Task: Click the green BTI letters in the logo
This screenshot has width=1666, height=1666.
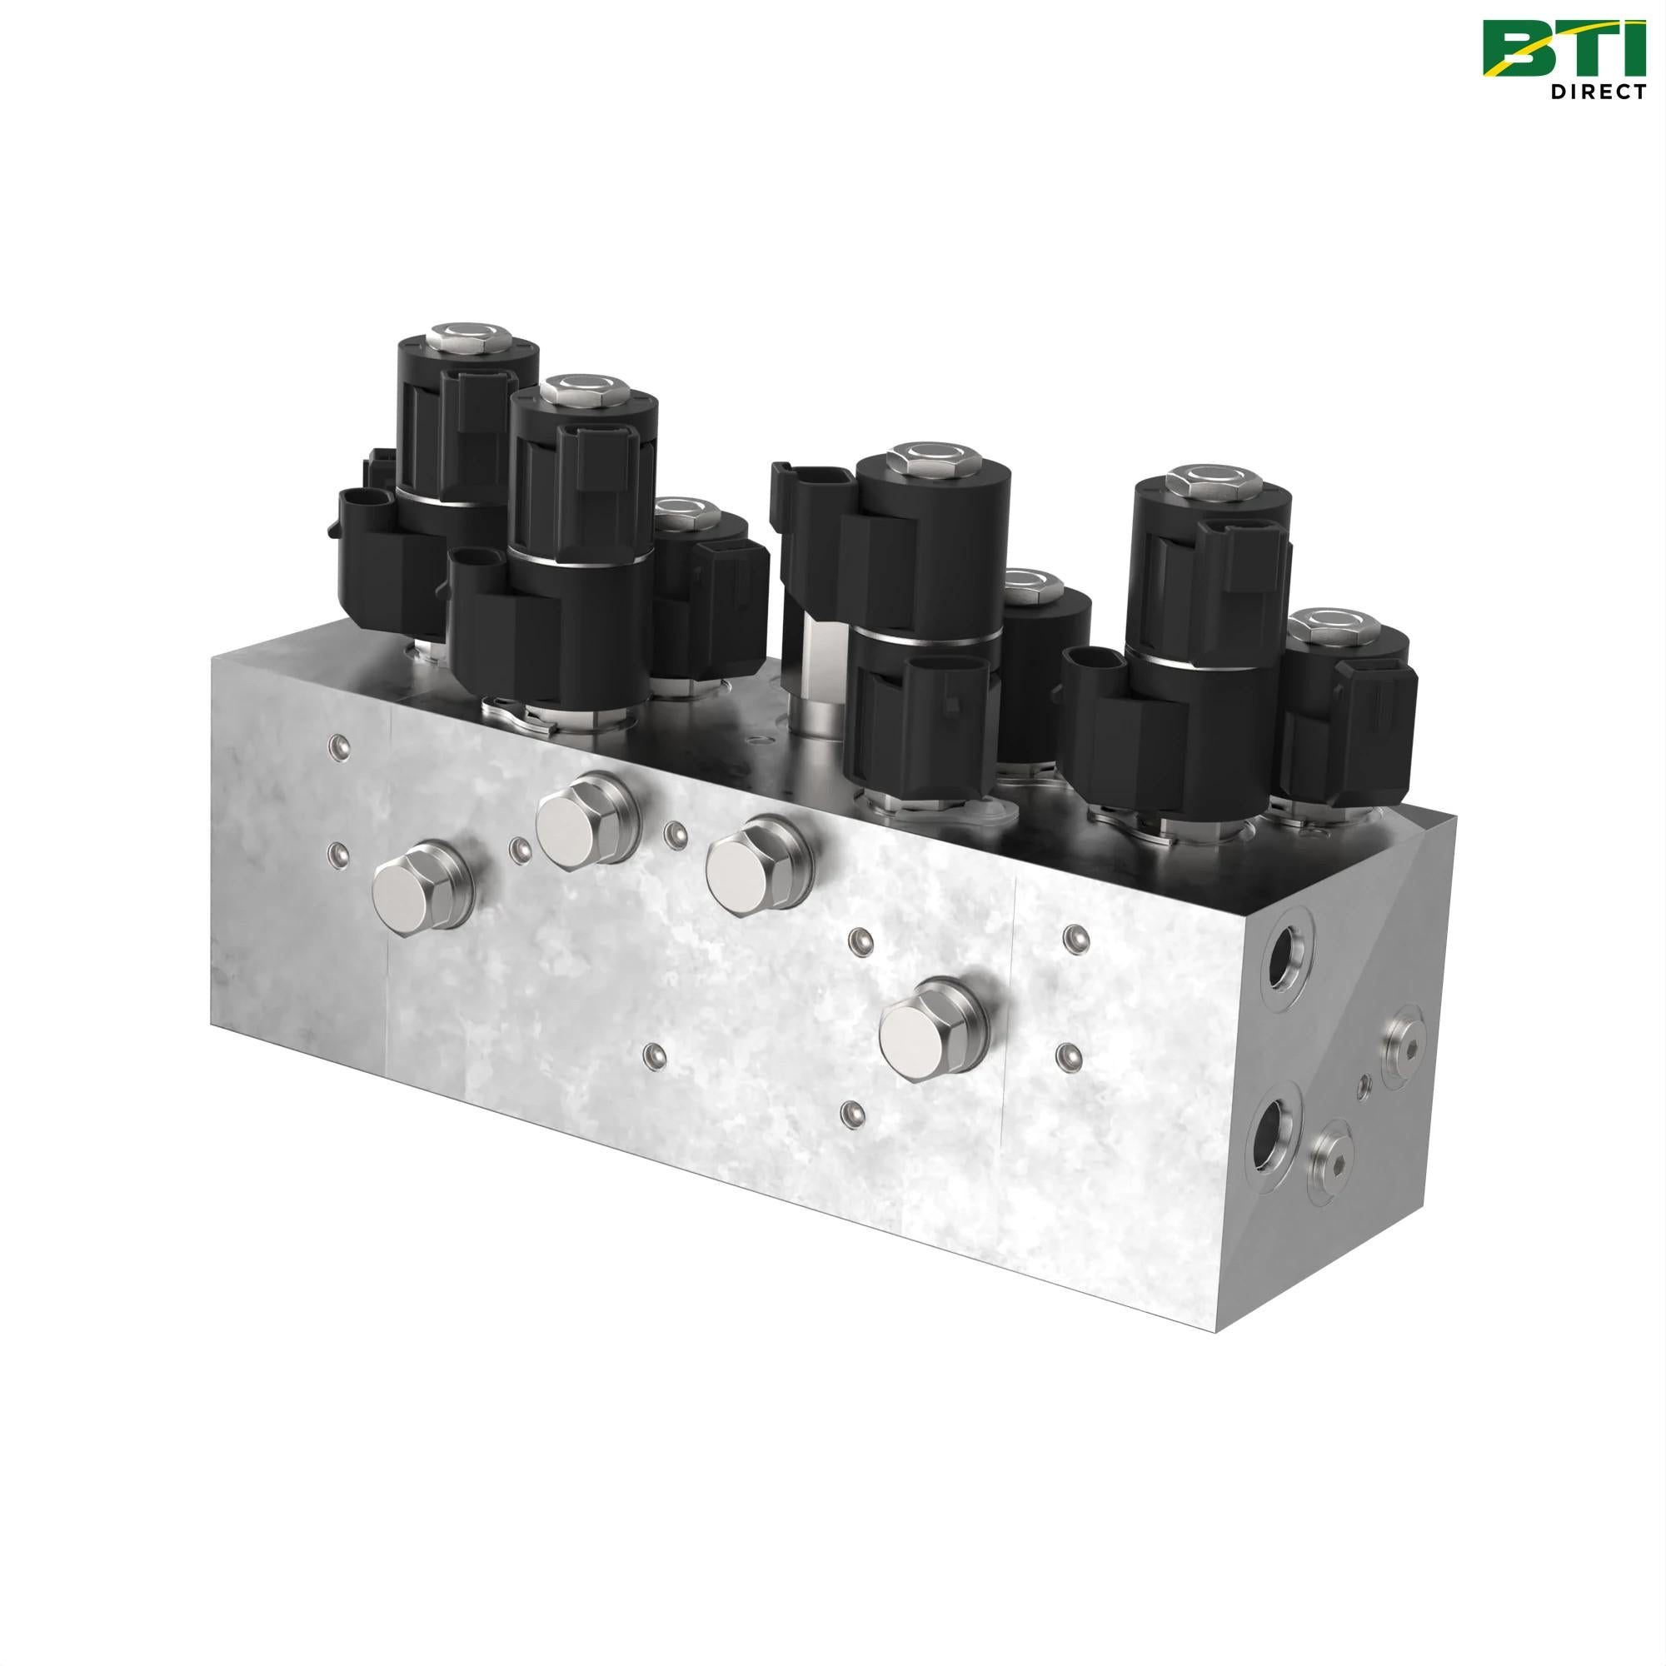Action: click(1564, 48)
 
